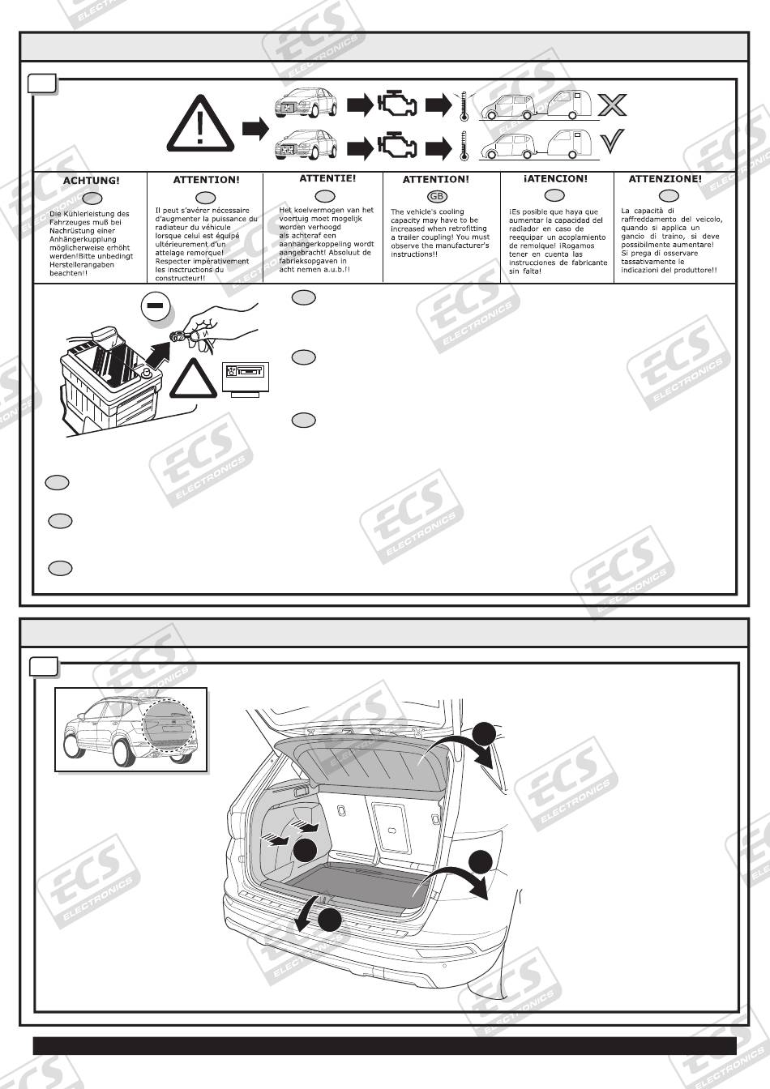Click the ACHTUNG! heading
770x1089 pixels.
[x=90, y=180]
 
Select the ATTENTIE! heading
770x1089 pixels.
[x=327, y=178]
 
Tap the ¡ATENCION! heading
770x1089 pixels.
[x=554, y=178]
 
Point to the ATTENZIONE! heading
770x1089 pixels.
[x=665, y=178]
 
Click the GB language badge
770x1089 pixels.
[x=436, y=197]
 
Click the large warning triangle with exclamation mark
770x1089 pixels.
[x=201, y=125]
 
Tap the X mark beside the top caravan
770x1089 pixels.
[x=612, y=105]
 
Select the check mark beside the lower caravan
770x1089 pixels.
[x=611, y=143]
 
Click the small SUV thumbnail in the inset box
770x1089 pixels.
[x=130, y=729]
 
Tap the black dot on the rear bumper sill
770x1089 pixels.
[x=329, y=920]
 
